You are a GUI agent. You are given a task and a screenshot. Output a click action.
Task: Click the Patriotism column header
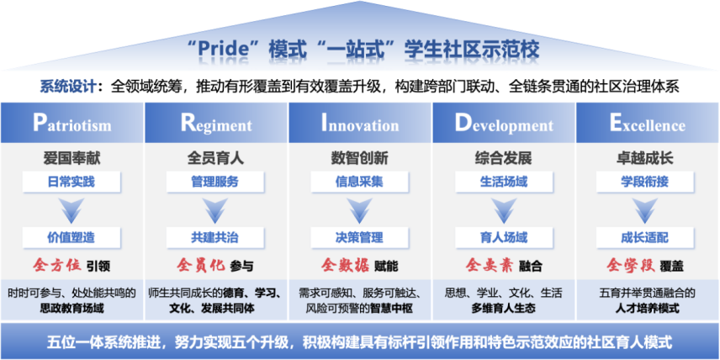(x=72, y=123)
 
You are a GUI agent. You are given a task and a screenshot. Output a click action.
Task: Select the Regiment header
(x=216, y=123)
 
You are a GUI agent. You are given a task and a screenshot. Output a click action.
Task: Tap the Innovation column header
(x=360, y=123)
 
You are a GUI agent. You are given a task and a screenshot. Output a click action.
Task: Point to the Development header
(x=504, y=123)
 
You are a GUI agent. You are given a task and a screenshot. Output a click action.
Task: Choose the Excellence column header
(x=648, y=123)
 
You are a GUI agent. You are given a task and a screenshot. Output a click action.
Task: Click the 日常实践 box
(x=71, y=182)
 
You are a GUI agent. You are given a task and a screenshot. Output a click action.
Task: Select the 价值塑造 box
(x=71, y=237)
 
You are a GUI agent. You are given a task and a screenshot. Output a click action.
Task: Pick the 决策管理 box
(x=359, y=237)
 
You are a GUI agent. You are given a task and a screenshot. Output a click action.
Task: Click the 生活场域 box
(x=504, y=182)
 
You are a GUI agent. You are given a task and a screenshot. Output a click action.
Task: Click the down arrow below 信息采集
(x=359, y=210)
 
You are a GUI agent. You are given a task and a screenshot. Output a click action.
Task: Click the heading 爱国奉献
(x=71, y=158)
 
